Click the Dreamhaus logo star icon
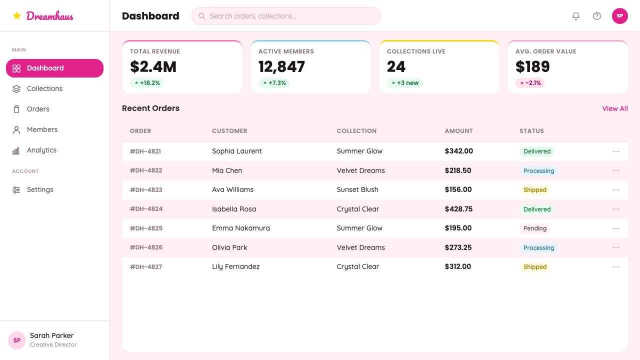click(17, 15)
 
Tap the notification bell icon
click(575, 16)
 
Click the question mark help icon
click(597, 16)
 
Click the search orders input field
click(286, 16)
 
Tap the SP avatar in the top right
click(619, 16)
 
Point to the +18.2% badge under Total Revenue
click(147, 83)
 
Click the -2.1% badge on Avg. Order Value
click(530, 83)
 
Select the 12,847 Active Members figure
click(281, 67)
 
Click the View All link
click(615, 108)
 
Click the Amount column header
click(459, 131)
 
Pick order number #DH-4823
click(146, 189)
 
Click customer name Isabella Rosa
click(234, 209)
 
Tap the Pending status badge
click(535, 228)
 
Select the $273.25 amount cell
click(458, 247)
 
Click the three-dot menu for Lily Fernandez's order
click(616, 267)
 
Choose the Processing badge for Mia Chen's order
click(538, 171)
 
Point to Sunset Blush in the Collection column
click(357, 189)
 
